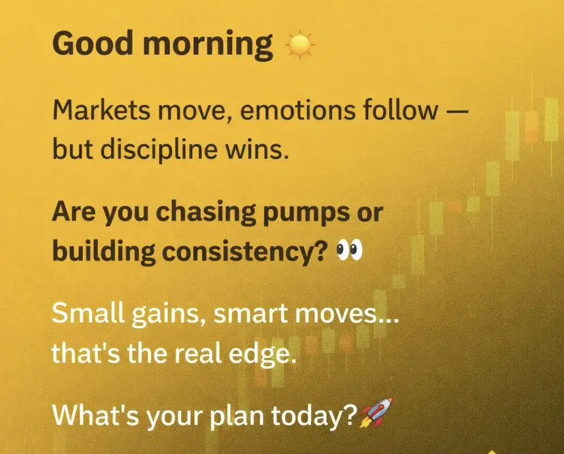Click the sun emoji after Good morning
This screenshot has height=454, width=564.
[x=299, y=45]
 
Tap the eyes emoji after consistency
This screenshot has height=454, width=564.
[x=349, y=251]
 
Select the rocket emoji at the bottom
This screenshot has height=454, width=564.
[x=376, y=413]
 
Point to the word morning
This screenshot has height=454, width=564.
[x=208, y=46]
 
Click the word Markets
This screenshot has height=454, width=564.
[x=101, y=110]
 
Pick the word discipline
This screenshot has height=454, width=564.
[x=159, y=149]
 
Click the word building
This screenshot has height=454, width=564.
[x=104, y=253]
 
